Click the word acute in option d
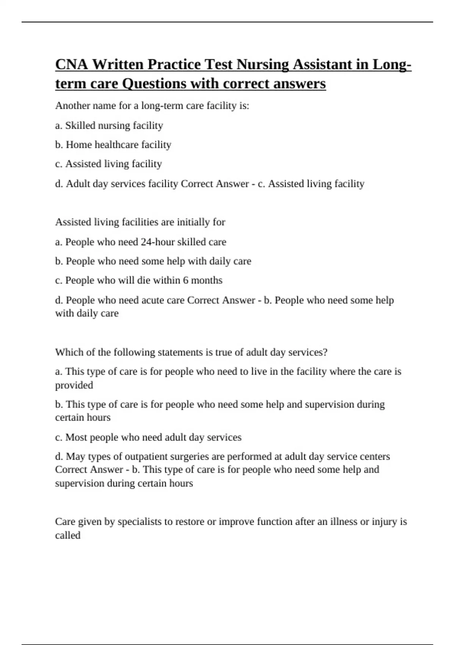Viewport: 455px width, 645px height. [152, 300]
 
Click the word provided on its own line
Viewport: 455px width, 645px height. [74, 385]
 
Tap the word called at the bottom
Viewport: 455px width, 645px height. [67, 535]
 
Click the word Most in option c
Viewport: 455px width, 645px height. [77, 437]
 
